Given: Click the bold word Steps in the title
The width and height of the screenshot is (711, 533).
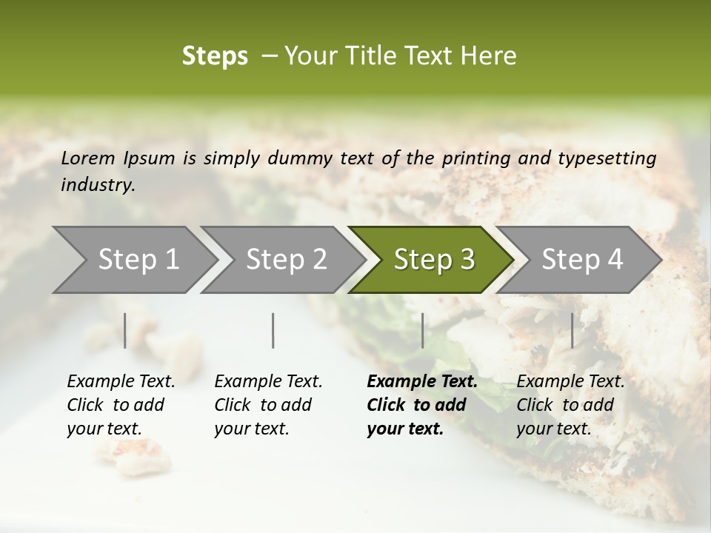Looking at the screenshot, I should pos(215,56).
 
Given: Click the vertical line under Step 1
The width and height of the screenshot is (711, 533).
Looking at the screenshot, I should pos(125,330).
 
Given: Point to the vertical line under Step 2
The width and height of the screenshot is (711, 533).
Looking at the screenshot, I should pos(273,330).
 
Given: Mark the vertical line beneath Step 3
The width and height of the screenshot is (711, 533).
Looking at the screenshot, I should pos(422,330).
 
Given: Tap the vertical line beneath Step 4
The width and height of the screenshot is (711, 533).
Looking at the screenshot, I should pos(572,330).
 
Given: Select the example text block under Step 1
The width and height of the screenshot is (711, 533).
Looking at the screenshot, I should pos(120,405).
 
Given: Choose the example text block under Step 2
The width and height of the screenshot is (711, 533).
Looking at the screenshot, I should pos(267,405).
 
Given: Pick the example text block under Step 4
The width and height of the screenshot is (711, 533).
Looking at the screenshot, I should pos(570,405).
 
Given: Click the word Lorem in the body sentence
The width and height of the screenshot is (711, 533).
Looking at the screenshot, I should pos(87,158).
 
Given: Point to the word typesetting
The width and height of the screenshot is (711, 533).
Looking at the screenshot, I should pos(607,158).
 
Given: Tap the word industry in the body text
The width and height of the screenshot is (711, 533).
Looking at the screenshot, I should pos(98,185).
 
